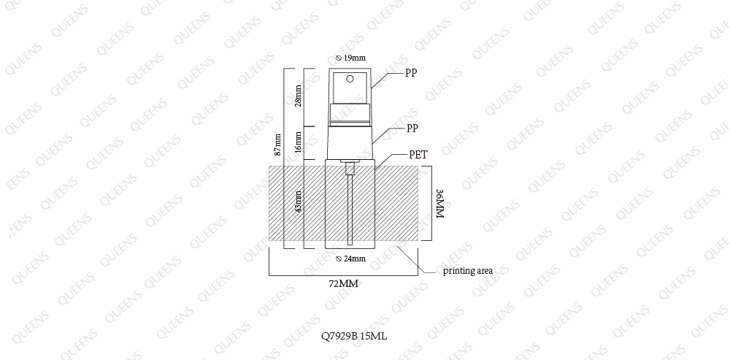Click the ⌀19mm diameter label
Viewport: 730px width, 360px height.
click(350, 58)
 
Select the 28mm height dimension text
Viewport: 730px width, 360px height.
click(298, 96)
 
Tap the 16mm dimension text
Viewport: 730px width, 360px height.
click(298, 142)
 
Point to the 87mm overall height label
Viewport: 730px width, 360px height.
click(278, 145)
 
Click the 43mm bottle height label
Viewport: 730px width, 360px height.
click(298, 202)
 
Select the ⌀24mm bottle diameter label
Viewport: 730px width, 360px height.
click(350, 259)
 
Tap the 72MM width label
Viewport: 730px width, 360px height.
click(344, 283)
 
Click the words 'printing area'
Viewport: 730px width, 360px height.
click(467, 271)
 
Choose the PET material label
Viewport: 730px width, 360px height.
click(418, 155)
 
